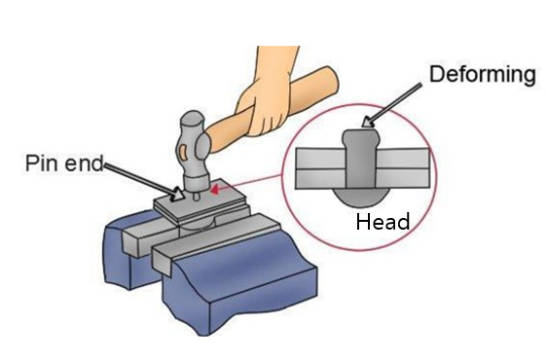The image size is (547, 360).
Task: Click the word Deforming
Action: tap(483, 76)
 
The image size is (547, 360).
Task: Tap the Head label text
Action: tap(383, 222)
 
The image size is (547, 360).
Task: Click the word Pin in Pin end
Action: tap(41, 162)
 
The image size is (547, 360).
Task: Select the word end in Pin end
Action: tap(84, 162)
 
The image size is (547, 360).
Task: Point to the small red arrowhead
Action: tap(215, 190)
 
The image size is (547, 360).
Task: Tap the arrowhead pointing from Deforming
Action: tap(367, 122)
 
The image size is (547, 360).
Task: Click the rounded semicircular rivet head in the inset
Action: tap(361, 198)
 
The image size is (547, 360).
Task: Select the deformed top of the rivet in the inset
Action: tap(361, 139)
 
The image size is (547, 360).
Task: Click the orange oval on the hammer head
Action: tap(182, 153)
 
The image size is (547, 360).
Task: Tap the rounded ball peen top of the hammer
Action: tap(192, 122)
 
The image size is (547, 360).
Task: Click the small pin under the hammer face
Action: tap(197, 196)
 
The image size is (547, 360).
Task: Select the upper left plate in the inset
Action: tap(320, 159)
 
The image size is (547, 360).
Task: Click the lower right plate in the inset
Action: tap(403, 178)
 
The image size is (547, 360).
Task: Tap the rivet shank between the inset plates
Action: tap(361, 167)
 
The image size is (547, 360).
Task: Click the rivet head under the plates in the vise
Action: tap(198, 224)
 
